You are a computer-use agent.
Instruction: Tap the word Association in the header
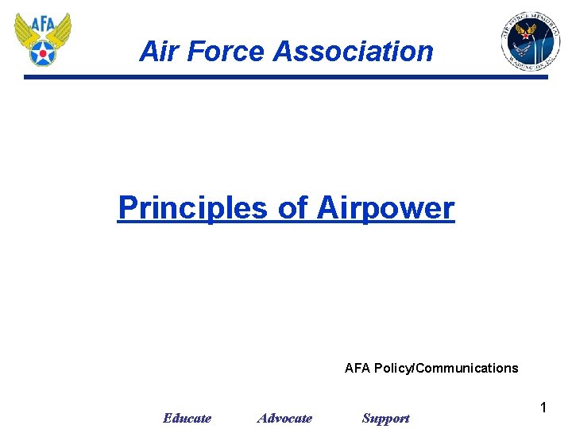pos(354,52)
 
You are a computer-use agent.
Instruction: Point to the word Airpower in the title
pos(385,208)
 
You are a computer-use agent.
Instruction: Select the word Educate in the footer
pos(187,418)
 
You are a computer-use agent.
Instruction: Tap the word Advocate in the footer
pos(284,418)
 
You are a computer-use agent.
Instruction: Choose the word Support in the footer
pos(385,418)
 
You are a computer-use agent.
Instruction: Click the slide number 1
pos(543,408)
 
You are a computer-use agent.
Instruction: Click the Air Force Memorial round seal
pos(530,41)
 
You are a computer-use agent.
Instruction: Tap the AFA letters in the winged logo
pos(43,25)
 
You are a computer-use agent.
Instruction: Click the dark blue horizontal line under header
pos(286,77)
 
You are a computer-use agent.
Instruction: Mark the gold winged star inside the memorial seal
pos(525,31)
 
